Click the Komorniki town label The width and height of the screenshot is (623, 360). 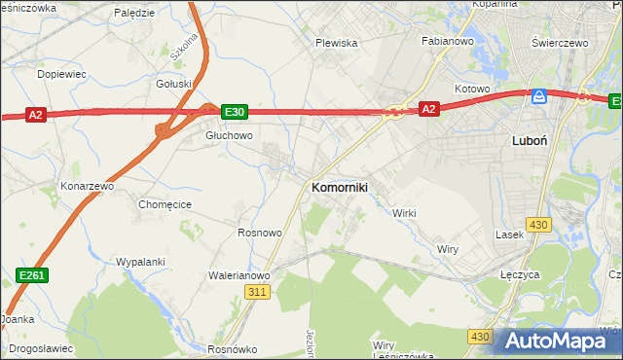tap(339, 187)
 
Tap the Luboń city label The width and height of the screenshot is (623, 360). tap(530, 140)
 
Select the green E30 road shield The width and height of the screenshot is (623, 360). tap(235, 112)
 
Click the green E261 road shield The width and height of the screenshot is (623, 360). tap(32, 277)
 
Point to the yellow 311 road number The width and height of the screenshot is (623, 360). tap(257, 292)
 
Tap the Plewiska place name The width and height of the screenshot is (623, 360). tap(337, 43)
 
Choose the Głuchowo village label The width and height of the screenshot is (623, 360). tap(229, 136)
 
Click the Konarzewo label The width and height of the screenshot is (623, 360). tap(88, 185)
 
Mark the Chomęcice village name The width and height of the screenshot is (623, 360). tap(165, 204)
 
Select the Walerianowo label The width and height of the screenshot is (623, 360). tap(238, 275)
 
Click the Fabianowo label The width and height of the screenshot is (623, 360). tap(447, 42)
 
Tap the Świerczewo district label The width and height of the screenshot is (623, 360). tap(562, 44)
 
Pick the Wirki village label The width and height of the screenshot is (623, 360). tap(404, 213)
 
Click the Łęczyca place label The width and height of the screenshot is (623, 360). tap(520, 275)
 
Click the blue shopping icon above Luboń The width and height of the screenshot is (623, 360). tap(538, 97)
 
